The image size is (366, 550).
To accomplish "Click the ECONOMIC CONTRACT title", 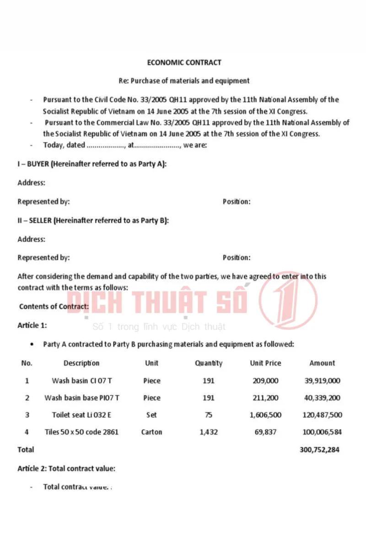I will [x=184, y=62].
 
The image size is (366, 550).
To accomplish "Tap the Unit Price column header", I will [x=265, y=363].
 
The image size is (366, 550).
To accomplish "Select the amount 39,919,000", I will [x=322, y=380].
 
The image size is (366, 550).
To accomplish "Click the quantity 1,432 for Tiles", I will [x=209, y=432].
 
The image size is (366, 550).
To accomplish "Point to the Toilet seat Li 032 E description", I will [x=81, y=415].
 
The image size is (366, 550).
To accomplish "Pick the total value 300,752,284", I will [x=319, y=450].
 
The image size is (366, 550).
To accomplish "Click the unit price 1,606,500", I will [x=265, y=415].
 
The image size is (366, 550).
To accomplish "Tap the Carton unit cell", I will [x=151, y=432].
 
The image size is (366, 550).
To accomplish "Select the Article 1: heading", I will [x=32, y=325].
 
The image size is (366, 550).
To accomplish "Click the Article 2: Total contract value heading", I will [x=66, y=468].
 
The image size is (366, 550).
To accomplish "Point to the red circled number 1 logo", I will [x=288, y=300].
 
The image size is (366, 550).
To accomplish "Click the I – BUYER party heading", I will [x=92, y=164].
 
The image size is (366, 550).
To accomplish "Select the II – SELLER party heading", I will [x=93, y=220].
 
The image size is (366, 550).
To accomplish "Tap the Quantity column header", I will [x=209, y=363].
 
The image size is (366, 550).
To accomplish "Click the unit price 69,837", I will [x=265, y=432].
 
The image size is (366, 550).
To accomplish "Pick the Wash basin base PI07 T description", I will [x=81, y=398].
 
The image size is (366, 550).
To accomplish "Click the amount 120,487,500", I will [x=322, y=415].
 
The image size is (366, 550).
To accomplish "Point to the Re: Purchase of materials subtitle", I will [x=184, y=81].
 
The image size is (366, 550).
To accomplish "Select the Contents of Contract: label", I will [x=54, y=306].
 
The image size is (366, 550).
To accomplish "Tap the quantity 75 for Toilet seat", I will [x=209, y=415].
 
